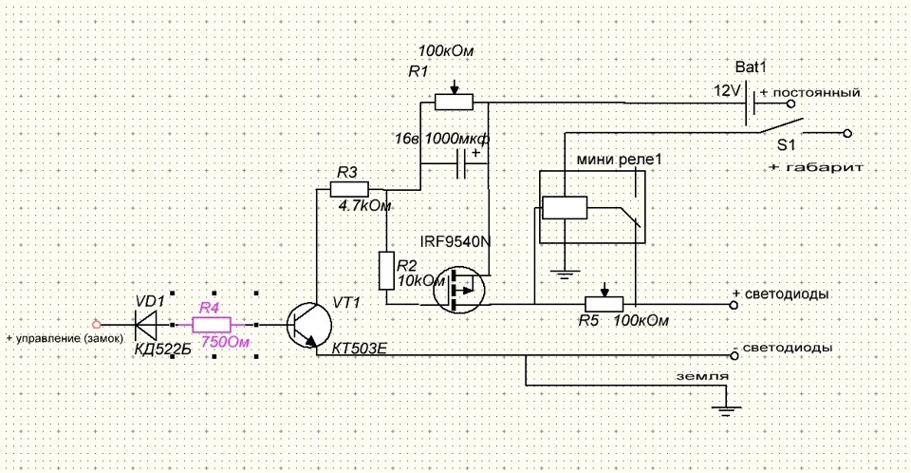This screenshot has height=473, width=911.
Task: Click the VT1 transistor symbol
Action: (309, 326)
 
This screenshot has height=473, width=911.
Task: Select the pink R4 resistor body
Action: (212, 325)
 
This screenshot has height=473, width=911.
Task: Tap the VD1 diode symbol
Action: (146, 325)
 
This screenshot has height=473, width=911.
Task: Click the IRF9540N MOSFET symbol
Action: (459, 289)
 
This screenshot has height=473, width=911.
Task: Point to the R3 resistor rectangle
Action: (349, 189)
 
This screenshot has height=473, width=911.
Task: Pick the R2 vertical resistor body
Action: (386, 271)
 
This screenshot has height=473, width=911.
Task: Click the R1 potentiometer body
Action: (455, 102)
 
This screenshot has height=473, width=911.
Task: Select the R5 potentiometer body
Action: (604, 304)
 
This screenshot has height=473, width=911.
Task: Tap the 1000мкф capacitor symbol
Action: (461, 163)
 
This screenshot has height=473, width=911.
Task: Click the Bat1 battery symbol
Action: (750, 104)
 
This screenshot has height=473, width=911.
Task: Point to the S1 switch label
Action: (786, 145)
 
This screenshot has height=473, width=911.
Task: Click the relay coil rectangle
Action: (564, 208)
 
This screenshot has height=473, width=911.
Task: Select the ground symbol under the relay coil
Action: (564, 274)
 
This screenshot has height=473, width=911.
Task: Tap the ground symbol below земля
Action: (725, 410)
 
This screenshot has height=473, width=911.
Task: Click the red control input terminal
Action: (97, 325)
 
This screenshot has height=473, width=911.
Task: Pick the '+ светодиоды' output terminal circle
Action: (734, 305)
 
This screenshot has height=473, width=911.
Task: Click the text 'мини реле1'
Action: (619, 160)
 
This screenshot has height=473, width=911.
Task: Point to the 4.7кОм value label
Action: (364, 205)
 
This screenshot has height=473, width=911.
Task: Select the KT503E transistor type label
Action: (359, 349)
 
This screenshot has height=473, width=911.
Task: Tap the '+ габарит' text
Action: (816, 167)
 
